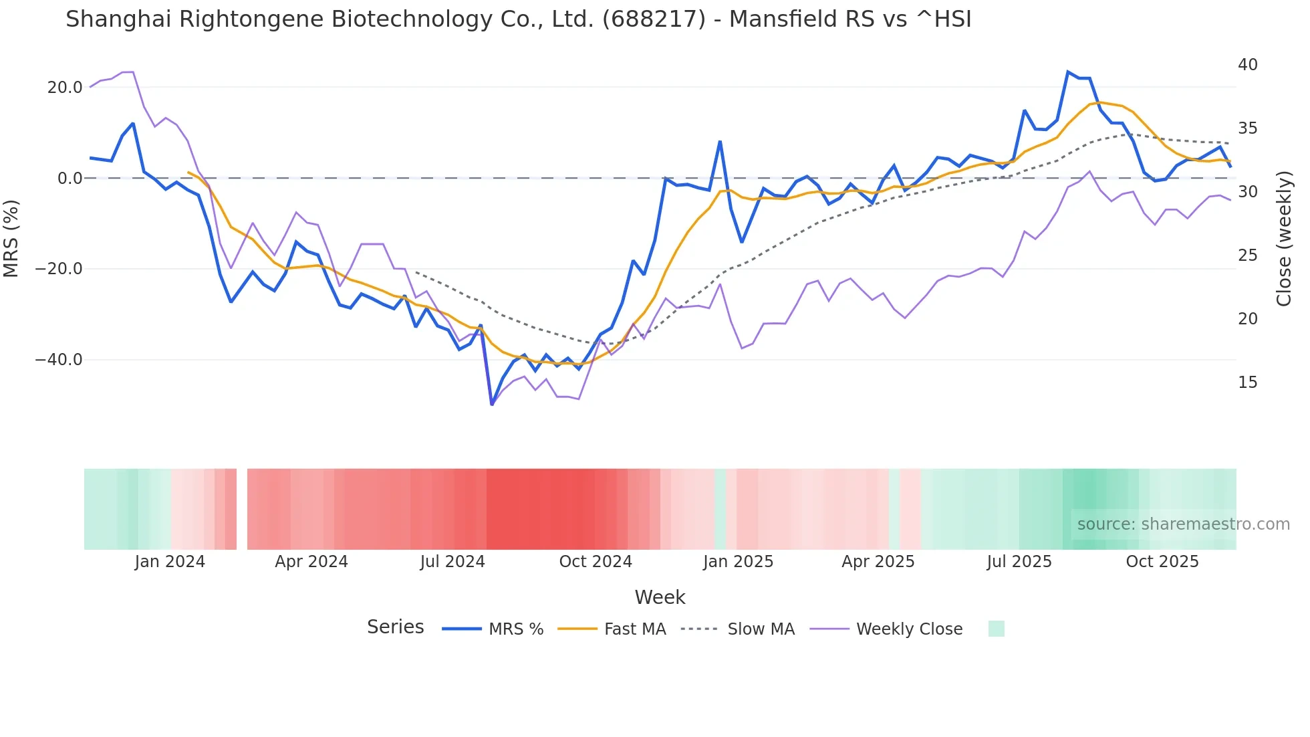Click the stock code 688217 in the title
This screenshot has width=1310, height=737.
tap(654, 19)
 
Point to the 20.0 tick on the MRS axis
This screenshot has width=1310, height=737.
tap(64, 88)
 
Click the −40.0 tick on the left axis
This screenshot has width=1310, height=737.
tap(59, 360)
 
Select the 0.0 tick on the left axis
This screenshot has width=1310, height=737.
tap(70, 179)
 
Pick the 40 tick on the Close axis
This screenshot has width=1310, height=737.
tap(1247, 65)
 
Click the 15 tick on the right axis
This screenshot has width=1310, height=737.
tap(1247, 383)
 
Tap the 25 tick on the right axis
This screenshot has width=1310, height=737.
tap(1247, 255)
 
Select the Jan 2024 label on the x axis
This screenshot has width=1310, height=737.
tap(170, 562)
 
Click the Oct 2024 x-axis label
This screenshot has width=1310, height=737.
tap(596, 562)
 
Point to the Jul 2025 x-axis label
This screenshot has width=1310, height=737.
tap(1019, 562)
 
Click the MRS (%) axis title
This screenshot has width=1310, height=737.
tap(11, 238)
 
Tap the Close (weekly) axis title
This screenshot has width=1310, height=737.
tap(1284, 238)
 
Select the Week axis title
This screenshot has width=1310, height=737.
tap(660, 597)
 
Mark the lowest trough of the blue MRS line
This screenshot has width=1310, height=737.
tap(492, 404)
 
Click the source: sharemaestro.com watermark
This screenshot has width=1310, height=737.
tap(1183, 524)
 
